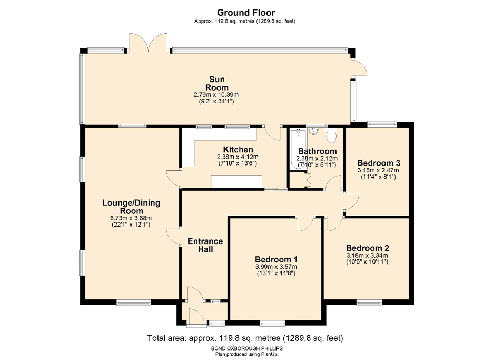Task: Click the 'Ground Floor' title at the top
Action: click(246, 13)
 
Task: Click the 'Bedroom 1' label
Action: click(276, 259)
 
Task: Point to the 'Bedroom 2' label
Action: click(367, 248)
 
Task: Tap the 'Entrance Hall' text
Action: click(205, 245)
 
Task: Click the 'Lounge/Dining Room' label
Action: click(131, 206)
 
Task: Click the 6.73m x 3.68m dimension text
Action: click(131, 218)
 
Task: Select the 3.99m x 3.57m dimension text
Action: click(276, 267)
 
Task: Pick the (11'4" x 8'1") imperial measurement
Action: click(378, 177)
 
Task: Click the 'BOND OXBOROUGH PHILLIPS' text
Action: click(246, 349)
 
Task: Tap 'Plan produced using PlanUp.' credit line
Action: click(246, 355)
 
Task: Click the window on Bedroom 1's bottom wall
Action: click(272, 322)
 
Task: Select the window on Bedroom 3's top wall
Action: click(381, 124)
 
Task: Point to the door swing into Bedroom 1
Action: click(304, 224)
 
